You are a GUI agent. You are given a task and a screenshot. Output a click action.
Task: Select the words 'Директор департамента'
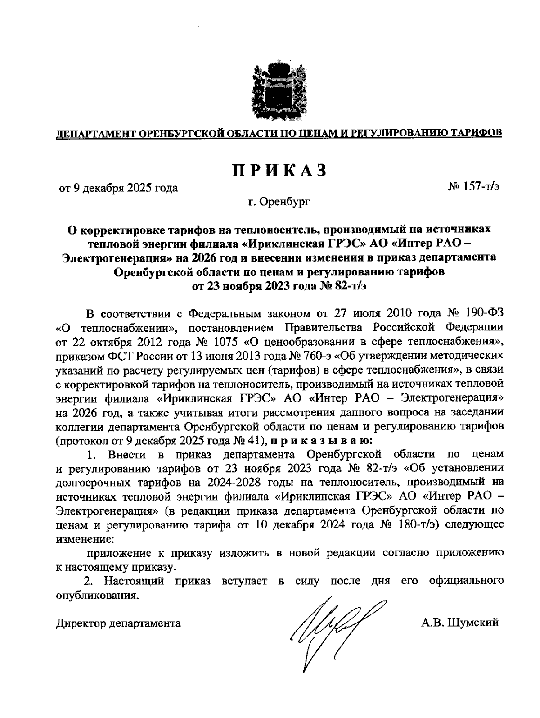coord(118,623)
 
